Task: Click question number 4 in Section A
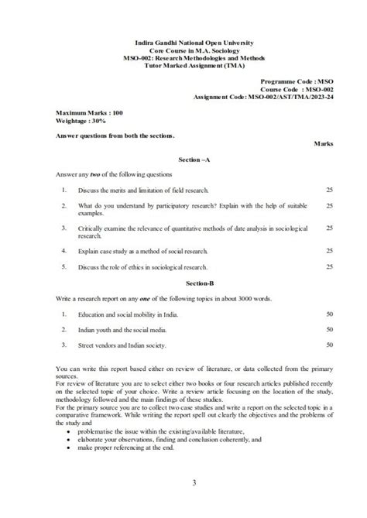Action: (x=63, y=251)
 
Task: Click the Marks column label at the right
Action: (x=324, y=144)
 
